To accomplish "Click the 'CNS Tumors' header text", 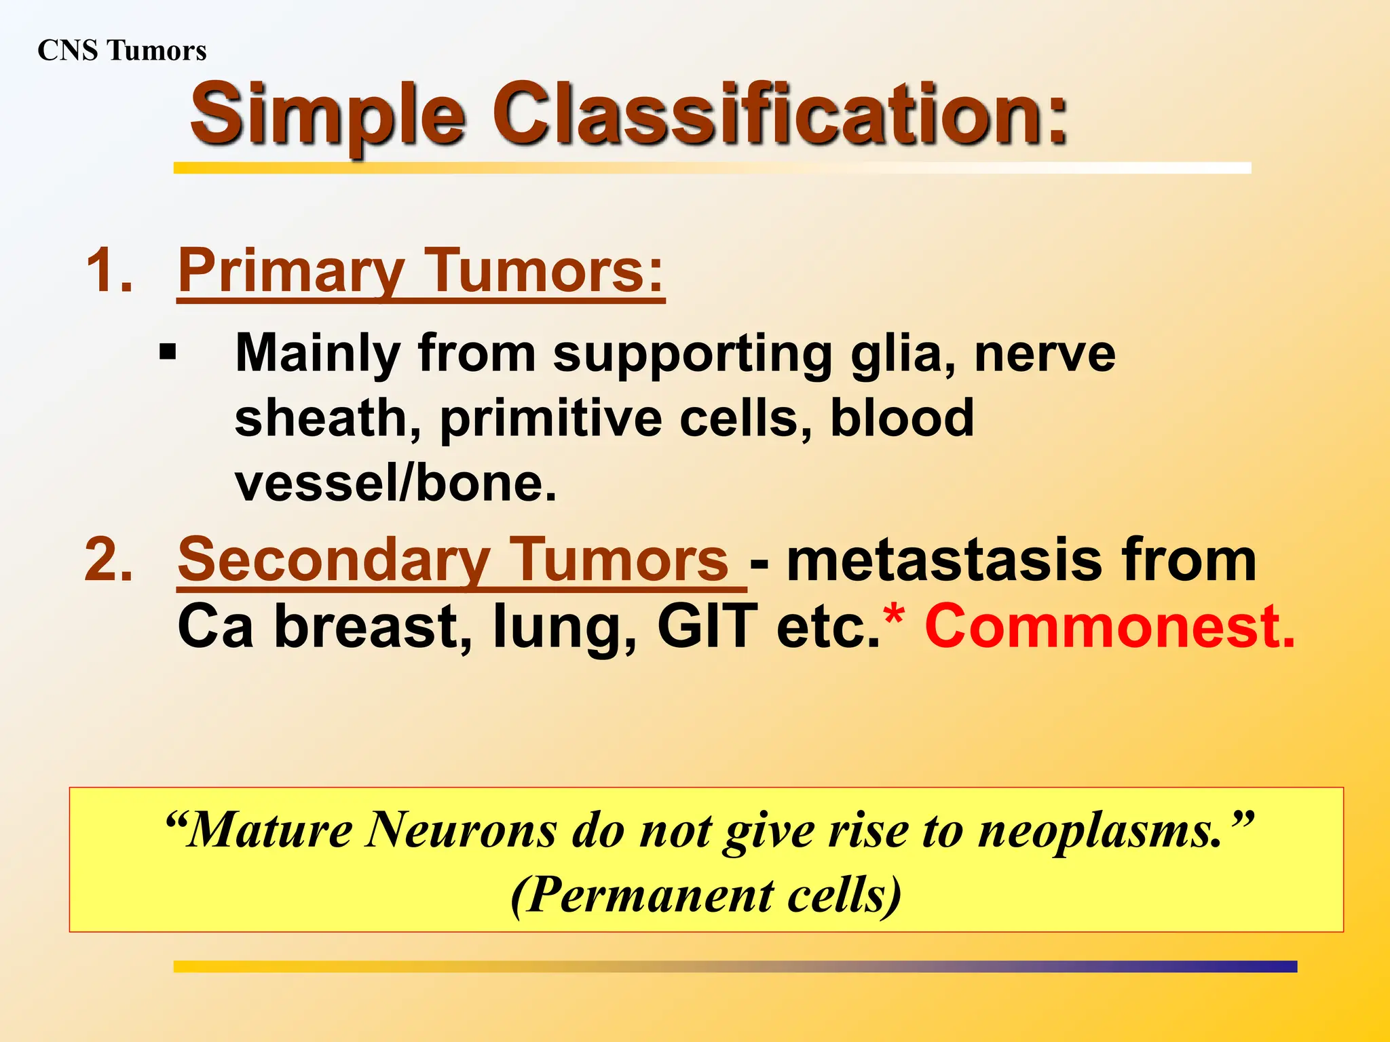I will tap(122, 51).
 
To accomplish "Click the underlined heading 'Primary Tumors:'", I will tap(420, 271).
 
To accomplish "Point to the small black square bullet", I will tap(167, 353).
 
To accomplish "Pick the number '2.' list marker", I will tap(109, 560).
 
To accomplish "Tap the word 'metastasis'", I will tap(944, 560).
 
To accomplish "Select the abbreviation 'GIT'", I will tap(707, 625).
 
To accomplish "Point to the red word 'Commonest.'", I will tap(1110, 625).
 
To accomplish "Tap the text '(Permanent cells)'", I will tap(706, 895).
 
